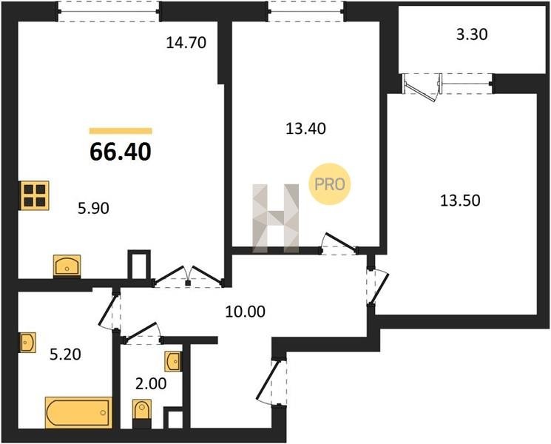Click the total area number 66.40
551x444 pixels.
[121, 152]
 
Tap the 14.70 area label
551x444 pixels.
[186, 42]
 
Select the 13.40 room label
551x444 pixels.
[305, 129]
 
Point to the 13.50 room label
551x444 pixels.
[460, 201]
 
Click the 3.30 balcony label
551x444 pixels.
[472, 35]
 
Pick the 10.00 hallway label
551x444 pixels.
[246, 312]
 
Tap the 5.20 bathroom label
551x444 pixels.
[65, 354]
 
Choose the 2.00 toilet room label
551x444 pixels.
[151, 383]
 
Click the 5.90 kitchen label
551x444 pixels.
[93, 209]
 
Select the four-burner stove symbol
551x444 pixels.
[35, 195]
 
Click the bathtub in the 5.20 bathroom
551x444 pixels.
[78, 412]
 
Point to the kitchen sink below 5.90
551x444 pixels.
[67, 266]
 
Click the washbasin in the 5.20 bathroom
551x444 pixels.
[28, 342]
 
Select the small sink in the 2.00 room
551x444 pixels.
[173, 361]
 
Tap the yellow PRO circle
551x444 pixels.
[330, 184]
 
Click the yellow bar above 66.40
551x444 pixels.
[121, 131]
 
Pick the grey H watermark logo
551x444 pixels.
[275, 218]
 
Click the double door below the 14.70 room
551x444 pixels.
[189, 276]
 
